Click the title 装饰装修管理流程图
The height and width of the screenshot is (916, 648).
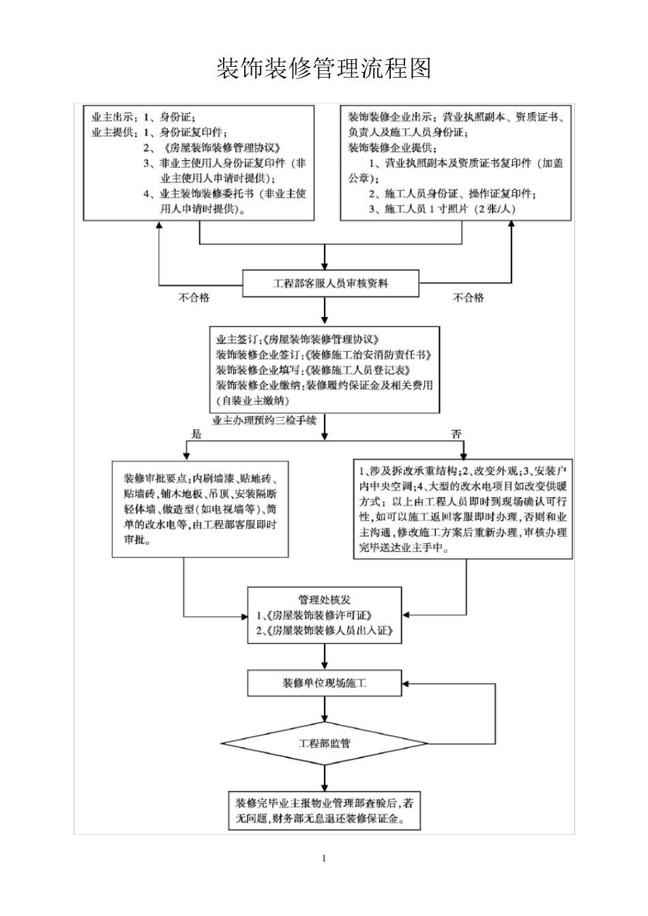pyautogui.click(x=323, y=69)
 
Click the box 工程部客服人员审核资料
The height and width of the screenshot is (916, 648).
pyautogui.click(x=331, y=283)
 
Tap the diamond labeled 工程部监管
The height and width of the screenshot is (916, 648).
pyautogui.click(x=325, y=743)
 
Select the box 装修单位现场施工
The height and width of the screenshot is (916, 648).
pyautogui.click(x=325, y=683)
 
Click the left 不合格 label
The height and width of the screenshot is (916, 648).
pyautogui.click(x=194, y=298)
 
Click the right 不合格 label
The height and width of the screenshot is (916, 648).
pyautogui.click(x=469, y=298)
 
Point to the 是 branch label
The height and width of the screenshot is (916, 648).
pyautogui.click(x=197, y=434)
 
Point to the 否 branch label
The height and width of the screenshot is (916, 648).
pyautogui.click(x=456, y=434)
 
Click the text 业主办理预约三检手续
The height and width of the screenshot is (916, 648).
pyautogui.click(x=265, y=421)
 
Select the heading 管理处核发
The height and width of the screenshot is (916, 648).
pyautogui.click(x=325, y=600)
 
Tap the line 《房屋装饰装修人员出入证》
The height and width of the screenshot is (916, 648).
pyautogui.click(x=325, y=631)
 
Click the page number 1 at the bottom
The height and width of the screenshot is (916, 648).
pyautogui.click(x=324, y=858)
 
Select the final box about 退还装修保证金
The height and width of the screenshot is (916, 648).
pyautogui.click(x=325, y=810)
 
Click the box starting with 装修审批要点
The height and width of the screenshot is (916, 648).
pyautogui.click(x=201, y=508)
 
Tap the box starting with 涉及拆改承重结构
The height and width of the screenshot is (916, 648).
pyautogui.click(x=462, y=508)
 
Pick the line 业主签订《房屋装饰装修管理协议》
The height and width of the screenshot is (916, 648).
pyautogui.click(x=297, y=339)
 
